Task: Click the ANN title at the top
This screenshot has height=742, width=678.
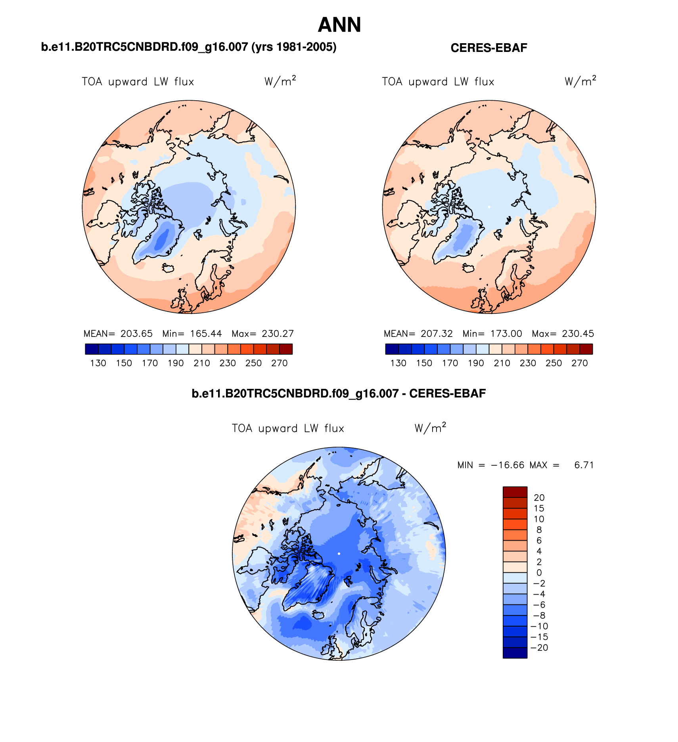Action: tap(339, 25)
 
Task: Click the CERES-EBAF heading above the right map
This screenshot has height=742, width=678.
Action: tap(489, 48)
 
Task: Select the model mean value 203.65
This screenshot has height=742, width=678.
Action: tap(136, 334)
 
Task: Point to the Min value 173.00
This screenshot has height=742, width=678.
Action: tap(506, 334)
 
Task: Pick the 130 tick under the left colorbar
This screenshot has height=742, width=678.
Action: tap(98, 363)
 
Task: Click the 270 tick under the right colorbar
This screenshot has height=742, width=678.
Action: tap(579, 363)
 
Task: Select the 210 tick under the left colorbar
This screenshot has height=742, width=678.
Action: tap(201, 363)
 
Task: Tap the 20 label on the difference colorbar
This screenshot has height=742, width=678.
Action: tap(539, 497)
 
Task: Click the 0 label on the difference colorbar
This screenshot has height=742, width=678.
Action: tap(539, 572)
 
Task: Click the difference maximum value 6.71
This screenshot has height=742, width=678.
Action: tap(584, 465)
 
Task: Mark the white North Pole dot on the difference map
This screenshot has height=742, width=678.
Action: tap(339, 553)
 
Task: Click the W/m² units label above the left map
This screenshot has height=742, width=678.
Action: tap(280, 81)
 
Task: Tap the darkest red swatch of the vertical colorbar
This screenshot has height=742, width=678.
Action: tap(515, 492)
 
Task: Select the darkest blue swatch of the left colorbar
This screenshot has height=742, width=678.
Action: tap(92, 349)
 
